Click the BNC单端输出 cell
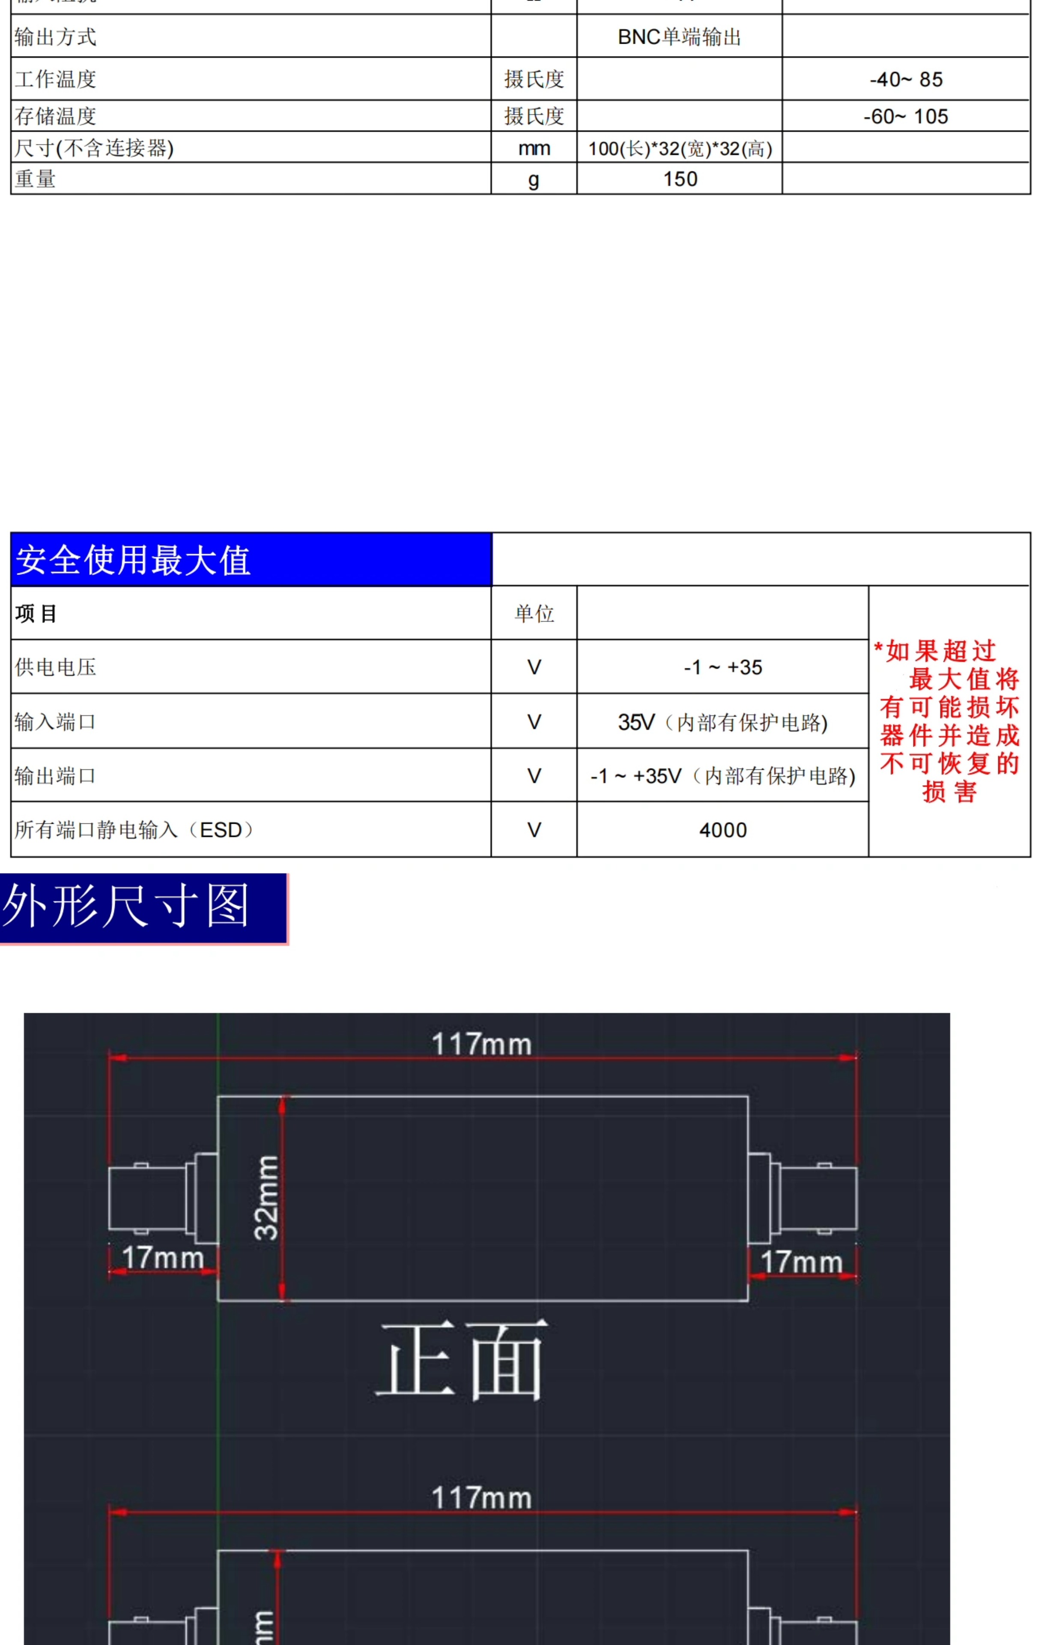coord(679,37)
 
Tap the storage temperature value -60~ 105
coord(905,117)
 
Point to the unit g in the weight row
coord(533,180)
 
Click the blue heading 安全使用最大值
coord(133,560)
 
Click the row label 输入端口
coord(55,722)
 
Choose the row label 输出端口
coord(55,776)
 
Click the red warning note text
coord(949,721)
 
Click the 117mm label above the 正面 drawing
coord(481,1045)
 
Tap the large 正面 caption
coord(461,1361)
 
